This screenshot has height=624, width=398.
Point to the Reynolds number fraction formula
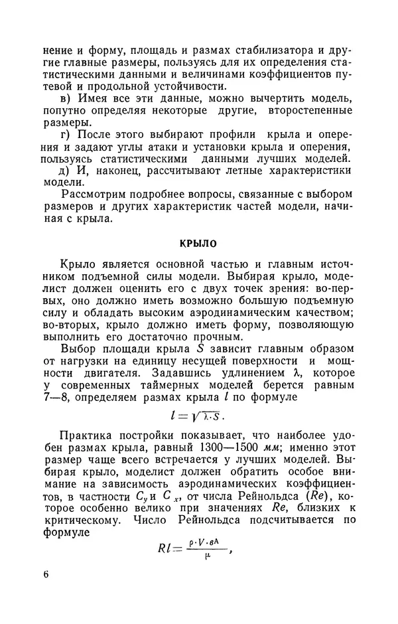[x=197, y=546]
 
